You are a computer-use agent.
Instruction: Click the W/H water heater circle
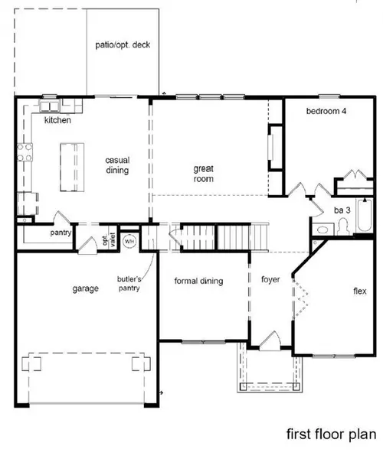click(129, 240)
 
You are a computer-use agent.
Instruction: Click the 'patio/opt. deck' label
click(124, 44)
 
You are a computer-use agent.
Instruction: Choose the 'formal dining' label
click(198, 281)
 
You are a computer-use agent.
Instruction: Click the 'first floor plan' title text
click(331, 434)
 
